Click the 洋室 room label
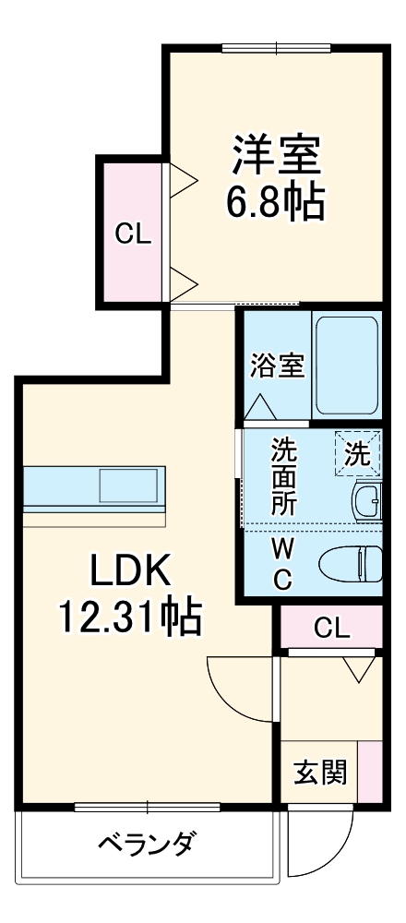pos(276,156)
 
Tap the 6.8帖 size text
pos(276,202)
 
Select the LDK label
pos(130,573)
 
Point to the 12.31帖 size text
pos(130,617)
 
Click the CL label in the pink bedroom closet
pos(132,234)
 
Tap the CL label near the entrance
pos(331,629)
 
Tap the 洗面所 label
pos(283,477)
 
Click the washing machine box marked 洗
pos(356,453)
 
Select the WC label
pos(283,563)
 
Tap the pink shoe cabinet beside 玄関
pos(370,772)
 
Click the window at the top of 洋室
pos(275,49)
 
